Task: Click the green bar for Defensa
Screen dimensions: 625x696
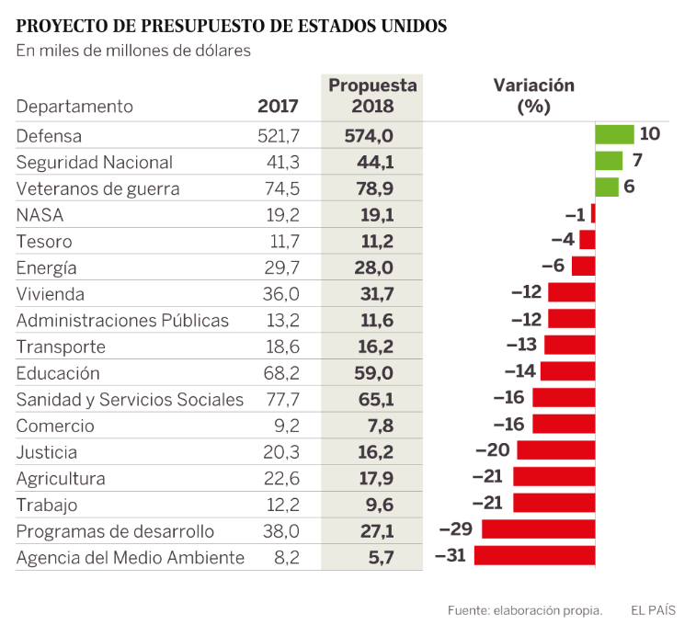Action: click(614, 134)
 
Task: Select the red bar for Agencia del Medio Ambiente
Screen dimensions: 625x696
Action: click(534, 556)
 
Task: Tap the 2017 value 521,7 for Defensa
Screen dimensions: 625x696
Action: click(279, 136)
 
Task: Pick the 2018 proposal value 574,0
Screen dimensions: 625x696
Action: click(374, 136)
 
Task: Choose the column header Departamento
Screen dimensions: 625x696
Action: click(74, 107)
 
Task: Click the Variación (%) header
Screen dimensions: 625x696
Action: click(533, 95)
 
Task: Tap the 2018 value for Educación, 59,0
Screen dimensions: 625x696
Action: click(374, 373)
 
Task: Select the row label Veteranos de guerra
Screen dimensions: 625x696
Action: click(98, 189)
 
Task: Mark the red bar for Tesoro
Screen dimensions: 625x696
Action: click(587, 240)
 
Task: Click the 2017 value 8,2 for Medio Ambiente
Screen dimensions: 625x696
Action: click(287, 557)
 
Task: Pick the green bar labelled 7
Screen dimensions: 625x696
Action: click(608, 161)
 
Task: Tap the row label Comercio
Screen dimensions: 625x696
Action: click(55, 426)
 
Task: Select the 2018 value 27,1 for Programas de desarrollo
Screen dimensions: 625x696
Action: click(374, 531)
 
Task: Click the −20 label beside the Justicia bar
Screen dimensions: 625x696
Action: click(492, 451)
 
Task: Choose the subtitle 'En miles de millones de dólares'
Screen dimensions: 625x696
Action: click(133, 51)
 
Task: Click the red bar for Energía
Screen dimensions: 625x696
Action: click(583, 267)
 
